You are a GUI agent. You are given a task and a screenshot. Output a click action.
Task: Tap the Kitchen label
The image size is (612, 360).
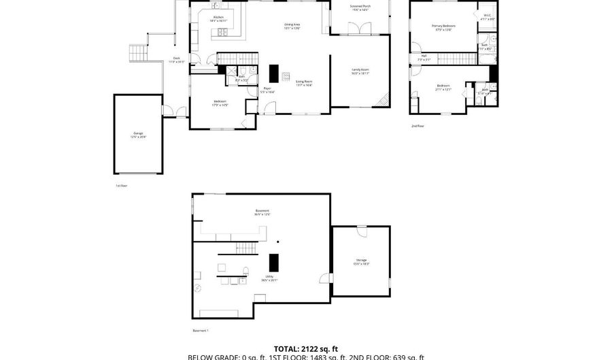pyautogui.click(x=218, y=18)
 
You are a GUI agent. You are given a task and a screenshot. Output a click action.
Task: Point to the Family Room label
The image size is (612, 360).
pyautogui.click(x=360, y=71)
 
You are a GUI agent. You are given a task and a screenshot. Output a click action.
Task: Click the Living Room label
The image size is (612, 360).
pyautogui.click(x=303, y=82)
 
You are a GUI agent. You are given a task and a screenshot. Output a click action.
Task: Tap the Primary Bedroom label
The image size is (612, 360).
pyautogui.click(x=443, y=27)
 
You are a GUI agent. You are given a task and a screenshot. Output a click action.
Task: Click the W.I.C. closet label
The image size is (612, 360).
pyautogui.click(x=488, y=17)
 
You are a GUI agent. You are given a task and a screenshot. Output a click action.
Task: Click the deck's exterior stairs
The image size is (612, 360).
pyautogui.click(x=138, y=52)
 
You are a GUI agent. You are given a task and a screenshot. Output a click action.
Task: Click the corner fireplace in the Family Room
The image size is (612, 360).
pyautogui.click(x=384, y=99)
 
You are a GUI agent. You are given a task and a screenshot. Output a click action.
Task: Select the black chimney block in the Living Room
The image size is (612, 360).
pyautogui.click(x=274, y=72)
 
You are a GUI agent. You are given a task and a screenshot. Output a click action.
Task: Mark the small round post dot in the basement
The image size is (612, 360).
pyautogui.click(x=277, y=241)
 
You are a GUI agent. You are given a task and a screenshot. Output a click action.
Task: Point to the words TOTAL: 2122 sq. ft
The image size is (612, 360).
pyautogui.click(x=305, y=347)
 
